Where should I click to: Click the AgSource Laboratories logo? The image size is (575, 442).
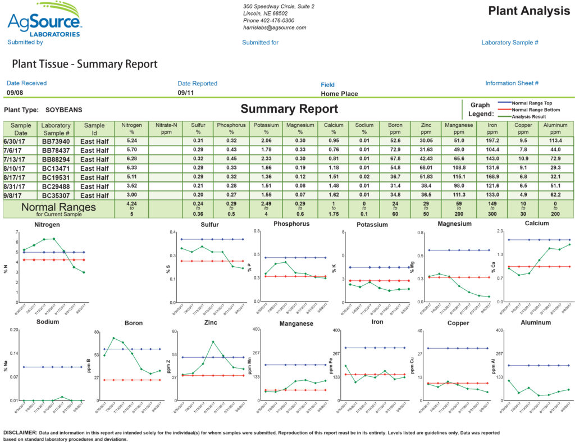[44, 21]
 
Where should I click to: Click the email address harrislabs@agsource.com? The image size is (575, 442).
[275, 28]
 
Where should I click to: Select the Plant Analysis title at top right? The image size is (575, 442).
[528, 11]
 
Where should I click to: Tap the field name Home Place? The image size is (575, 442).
[339, 94]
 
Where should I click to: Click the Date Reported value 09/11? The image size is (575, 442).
[186, 93]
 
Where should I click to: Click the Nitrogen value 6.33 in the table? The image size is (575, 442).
[132, 168]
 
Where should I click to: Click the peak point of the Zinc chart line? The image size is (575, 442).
[213, 341]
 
